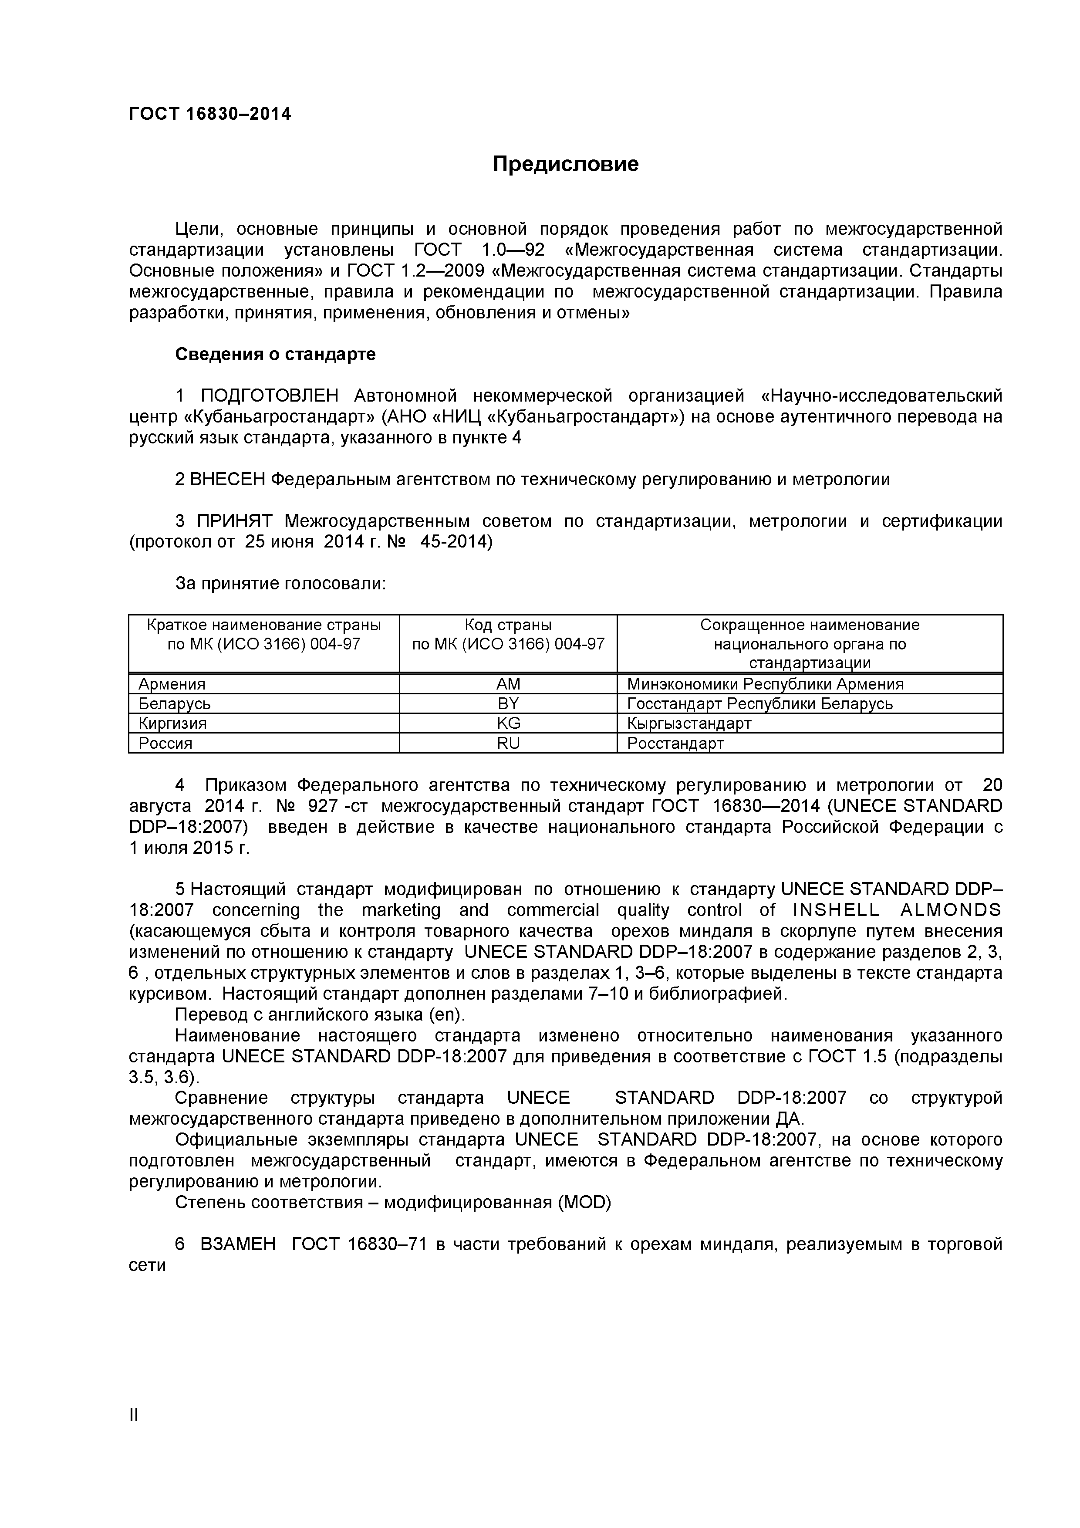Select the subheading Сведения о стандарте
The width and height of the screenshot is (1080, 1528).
[275, 355]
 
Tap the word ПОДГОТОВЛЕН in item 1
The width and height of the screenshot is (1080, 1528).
[270, 396]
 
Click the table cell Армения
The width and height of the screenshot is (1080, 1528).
[172, 684]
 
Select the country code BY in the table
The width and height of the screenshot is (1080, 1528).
[508, 704]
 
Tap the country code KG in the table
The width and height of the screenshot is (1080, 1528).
[508, 723]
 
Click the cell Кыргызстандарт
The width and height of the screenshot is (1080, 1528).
[689, 723]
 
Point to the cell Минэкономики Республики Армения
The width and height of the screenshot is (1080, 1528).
[765, 684]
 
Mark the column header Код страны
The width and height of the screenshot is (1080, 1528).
[508, 625]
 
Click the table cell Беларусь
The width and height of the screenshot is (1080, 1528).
[174, 704]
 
